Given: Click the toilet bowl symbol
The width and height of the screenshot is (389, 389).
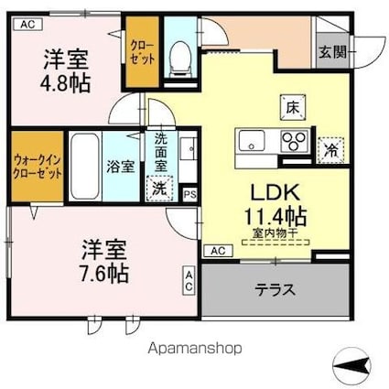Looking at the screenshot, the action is point(180,59).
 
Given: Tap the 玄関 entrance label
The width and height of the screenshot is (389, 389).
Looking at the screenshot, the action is point(333,52).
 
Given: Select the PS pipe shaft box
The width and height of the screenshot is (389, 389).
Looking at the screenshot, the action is point(189,194).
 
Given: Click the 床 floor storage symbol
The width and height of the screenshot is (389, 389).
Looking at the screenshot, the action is point(293,107).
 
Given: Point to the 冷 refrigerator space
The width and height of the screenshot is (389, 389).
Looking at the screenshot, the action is point(331,150).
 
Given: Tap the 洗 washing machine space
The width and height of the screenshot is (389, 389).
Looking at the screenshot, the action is point(159,189).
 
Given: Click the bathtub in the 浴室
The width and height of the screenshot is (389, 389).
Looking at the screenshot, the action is point(84,166).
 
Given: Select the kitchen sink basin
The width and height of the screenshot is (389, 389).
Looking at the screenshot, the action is point(252,140).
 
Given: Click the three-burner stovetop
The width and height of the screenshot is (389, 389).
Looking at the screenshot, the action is point(294,141).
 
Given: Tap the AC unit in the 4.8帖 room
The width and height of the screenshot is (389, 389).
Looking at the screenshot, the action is point(28,25).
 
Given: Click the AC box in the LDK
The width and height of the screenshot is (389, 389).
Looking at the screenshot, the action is point(218,251).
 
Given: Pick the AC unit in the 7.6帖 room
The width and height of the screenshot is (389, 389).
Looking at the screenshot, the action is point(189,281).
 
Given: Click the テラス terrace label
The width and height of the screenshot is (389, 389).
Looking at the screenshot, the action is point(276,290).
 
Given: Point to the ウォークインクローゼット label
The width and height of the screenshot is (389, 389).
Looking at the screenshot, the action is point(38,167).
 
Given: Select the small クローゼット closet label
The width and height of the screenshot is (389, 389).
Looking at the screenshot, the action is point(143,52).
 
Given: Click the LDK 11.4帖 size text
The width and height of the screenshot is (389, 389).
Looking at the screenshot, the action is point(275,204).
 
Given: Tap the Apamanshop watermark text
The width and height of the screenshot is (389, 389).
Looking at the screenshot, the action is point(195,348).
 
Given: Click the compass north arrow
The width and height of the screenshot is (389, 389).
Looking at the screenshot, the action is point(351,364).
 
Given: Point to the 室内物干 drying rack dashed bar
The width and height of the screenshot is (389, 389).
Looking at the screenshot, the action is point(276,243).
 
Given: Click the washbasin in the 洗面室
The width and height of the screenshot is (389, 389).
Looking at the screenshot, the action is point(188,148).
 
